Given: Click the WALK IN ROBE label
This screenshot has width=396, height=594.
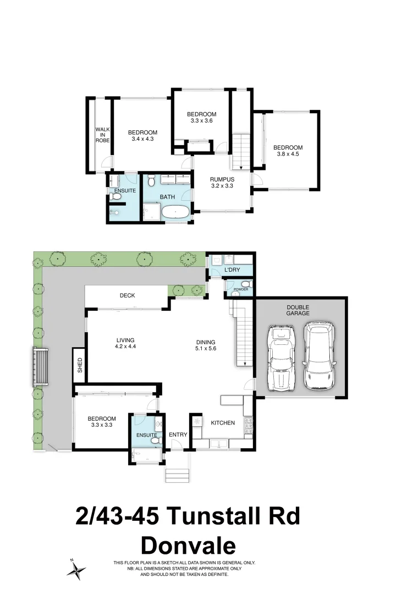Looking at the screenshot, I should pos(102,135).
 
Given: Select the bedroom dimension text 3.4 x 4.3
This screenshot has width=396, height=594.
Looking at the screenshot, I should pos(142,139).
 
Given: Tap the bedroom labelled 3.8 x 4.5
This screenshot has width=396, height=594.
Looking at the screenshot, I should pos(288,151).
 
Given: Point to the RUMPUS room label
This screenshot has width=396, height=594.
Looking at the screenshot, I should pos(222,183).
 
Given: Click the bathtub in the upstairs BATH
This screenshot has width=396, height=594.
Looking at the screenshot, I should pos(175,212).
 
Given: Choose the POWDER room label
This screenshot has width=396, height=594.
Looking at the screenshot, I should pos(240,289).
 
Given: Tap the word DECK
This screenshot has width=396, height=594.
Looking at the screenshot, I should pos(127,295).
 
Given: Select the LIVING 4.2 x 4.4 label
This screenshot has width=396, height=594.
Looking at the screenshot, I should pos(125,343).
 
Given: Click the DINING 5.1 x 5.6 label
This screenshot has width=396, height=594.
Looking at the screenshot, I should pos(205,345).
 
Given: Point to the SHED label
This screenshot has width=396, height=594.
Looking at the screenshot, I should pos(80,365).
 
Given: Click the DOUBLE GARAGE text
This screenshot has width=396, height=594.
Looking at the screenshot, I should pos(298,310).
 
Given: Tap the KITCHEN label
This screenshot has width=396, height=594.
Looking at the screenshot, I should pos(223,423).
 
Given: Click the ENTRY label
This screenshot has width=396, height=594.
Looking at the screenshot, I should pos(178,435).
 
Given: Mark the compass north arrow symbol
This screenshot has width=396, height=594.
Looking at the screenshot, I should pos(76,568).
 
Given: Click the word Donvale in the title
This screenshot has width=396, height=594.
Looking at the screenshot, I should pos(188,546).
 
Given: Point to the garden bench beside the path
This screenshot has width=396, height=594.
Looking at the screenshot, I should pos(41,367).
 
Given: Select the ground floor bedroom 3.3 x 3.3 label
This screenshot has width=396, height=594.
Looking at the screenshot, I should pos(102,422).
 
